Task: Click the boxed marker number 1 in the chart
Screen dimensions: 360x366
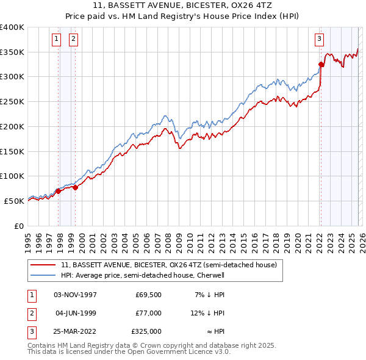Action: (x=56, y=39)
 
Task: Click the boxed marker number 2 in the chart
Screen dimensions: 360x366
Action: (x=73, y=39)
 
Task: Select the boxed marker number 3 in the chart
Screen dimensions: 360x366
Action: (x=318, y=39)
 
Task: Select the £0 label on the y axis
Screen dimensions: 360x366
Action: (x=18, y=226)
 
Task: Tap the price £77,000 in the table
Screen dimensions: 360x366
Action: (x=148, y=313)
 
